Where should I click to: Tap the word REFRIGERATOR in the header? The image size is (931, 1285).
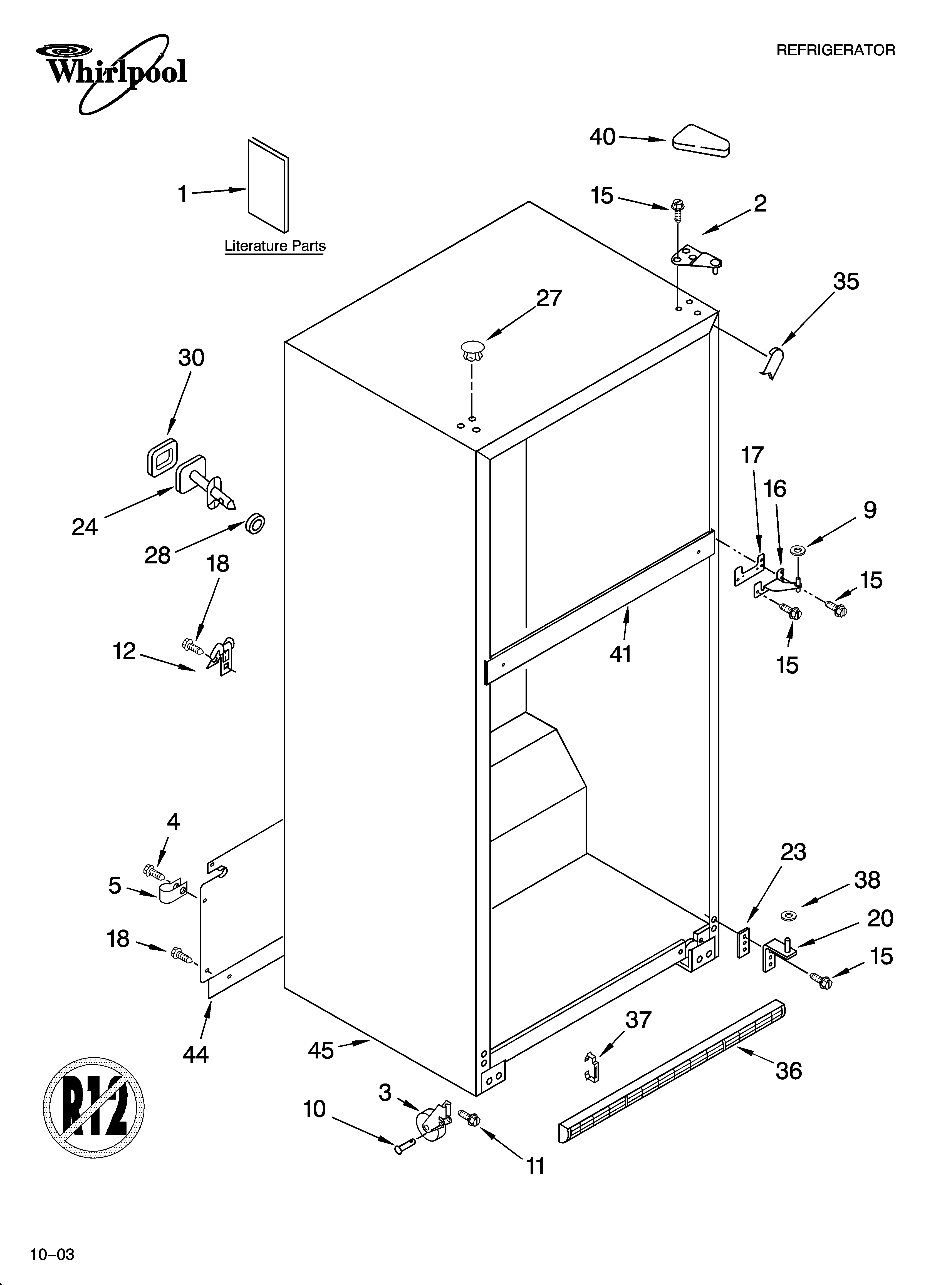tap(835, 50)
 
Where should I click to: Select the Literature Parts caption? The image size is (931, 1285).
tap(275, 246)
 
